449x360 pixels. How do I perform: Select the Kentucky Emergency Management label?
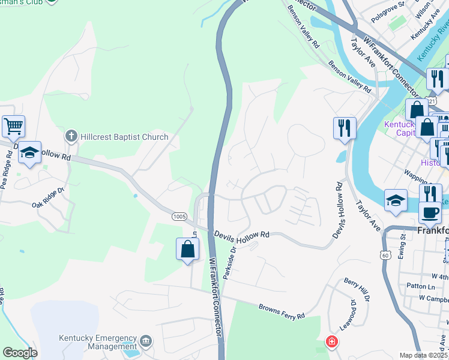[x=98, y=342]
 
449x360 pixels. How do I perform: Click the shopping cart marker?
[x=13, y=127]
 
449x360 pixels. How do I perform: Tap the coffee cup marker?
[x=430, y=212]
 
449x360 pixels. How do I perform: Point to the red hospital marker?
[x=331, y=343]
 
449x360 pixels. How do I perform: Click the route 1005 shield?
[x=178, y=216]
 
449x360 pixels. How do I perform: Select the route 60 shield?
[x=385, y=255]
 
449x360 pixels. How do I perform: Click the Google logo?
[x=20, y=353]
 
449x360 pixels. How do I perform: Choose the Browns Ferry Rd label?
[x=282, y=311]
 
